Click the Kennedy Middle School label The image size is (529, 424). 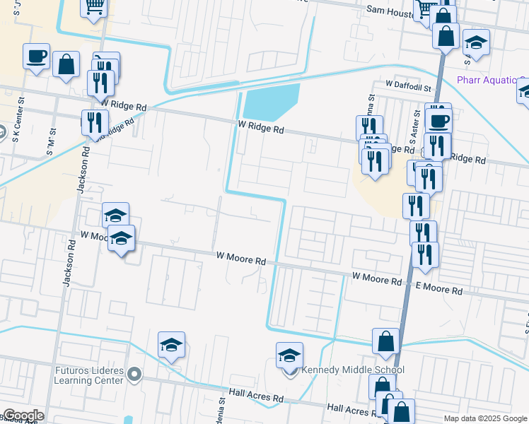353,370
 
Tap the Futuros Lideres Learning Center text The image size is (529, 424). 88,375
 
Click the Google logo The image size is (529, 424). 23,416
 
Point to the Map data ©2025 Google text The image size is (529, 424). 485,418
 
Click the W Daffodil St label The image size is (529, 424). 408,85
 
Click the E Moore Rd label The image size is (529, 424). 438,290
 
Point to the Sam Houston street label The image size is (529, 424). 390,10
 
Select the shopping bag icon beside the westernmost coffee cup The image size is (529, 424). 66,64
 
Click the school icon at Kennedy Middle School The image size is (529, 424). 289,355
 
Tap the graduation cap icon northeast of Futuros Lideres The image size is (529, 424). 171,345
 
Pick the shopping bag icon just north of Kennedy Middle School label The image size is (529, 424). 386,341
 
